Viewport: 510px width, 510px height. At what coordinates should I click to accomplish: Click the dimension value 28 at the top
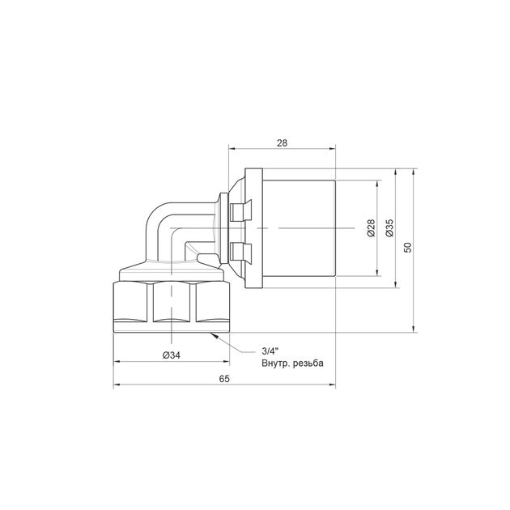(282, 143)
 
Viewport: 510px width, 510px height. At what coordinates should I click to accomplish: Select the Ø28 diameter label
(371, 228)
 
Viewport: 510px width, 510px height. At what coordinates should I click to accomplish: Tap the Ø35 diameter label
(389, 228)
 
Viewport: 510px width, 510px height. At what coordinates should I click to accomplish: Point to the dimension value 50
(408, 247)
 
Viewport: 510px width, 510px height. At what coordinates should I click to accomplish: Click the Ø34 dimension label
(172, 355)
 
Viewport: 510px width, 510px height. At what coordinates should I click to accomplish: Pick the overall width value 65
(224, 379)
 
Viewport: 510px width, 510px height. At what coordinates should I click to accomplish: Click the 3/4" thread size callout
(270, 351)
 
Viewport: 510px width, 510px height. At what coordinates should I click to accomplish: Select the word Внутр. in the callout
(276, 363)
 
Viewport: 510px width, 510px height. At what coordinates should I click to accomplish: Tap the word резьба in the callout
(308, 363)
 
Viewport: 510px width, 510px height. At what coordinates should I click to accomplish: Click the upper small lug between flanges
(240, 210)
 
